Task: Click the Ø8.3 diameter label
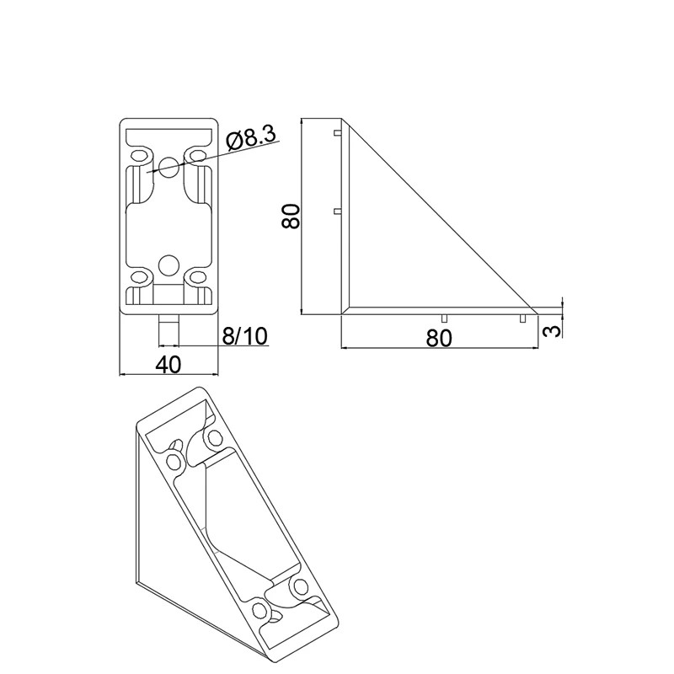tap(252, 138)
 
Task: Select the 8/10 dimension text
tap(244, 336)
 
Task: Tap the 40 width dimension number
tap(168, 364)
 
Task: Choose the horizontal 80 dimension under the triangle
tap(440, 337)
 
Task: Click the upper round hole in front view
tap(169, 166)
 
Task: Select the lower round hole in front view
tap(169, 265)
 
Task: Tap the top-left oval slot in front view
tap(140, 156)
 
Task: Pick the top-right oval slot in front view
tap(199, 156)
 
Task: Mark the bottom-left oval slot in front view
tap(140, 276)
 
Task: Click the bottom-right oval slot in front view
tap(199, 276)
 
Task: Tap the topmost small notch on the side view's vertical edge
tap(337, 133)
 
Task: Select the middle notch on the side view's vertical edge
tap(337, 211)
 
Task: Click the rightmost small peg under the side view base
tap(522, 318)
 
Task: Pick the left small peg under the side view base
tap(443, 318)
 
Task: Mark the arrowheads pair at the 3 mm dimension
tap(562, 308)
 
